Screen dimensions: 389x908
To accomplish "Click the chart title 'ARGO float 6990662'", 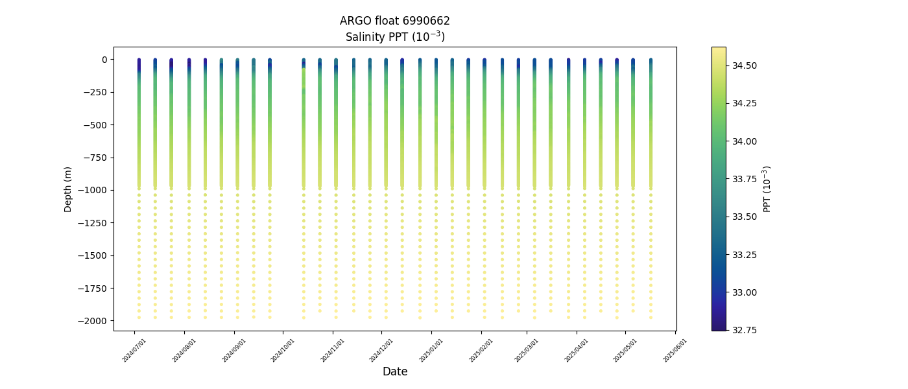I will pyautogui.click(x=394, y=21).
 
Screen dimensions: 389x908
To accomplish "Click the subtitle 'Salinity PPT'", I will pyautogui.click(x=394, y=36).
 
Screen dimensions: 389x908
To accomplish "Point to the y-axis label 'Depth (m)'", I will pyautogui.click(x=68, y=189).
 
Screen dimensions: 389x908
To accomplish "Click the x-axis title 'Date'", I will pyautogui.click(x=394, y=371).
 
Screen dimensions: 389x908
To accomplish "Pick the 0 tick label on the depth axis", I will pyautogui.click(x=104, y=60).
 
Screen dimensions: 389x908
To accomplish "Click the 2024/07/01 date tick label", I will pyautogui.click(x=134, y=350).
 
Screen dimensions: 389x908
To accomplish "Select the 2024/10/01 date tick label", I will pyautogui.click(x=283, y=350).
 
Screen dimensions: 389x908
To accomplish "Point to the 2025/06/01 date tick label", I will pyautogui.click(x=675, y=350).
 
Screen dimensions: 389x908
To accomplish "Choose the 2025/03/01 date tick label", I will pyautogui.click(x=527, y=350).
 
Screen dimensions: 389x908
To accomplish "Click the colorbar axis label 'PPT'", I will pyautogui.click(x=767, y=189).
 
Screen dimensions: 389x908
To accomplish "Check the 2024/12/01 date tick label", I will pyautogui.click(x=381, y=350).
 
